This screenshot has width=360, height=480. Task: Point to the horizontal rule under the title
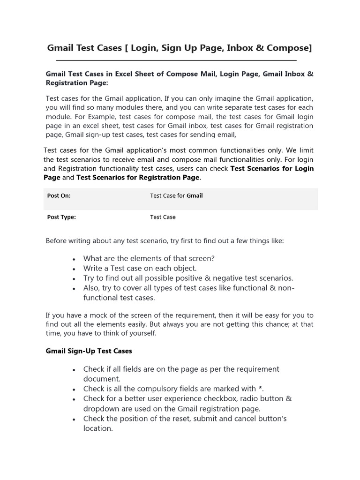click(176, 60)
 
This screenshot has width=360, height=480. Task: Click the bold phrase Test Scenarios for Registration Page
click(138, 177)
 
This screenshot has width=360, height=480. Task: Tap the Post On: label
click(59, 196)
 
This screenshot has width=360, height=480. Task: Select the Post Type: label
click(61, 217)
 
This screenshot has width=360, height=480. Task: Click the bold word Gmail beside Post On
click(195, 196)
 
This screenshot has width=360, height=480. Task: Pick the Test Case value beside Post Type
click(163, 217)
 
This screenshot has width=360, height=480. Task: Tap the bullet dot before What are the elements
click(75, 259)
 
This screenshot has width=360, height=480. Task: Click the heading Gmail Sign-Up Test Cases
click(89, 351)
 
